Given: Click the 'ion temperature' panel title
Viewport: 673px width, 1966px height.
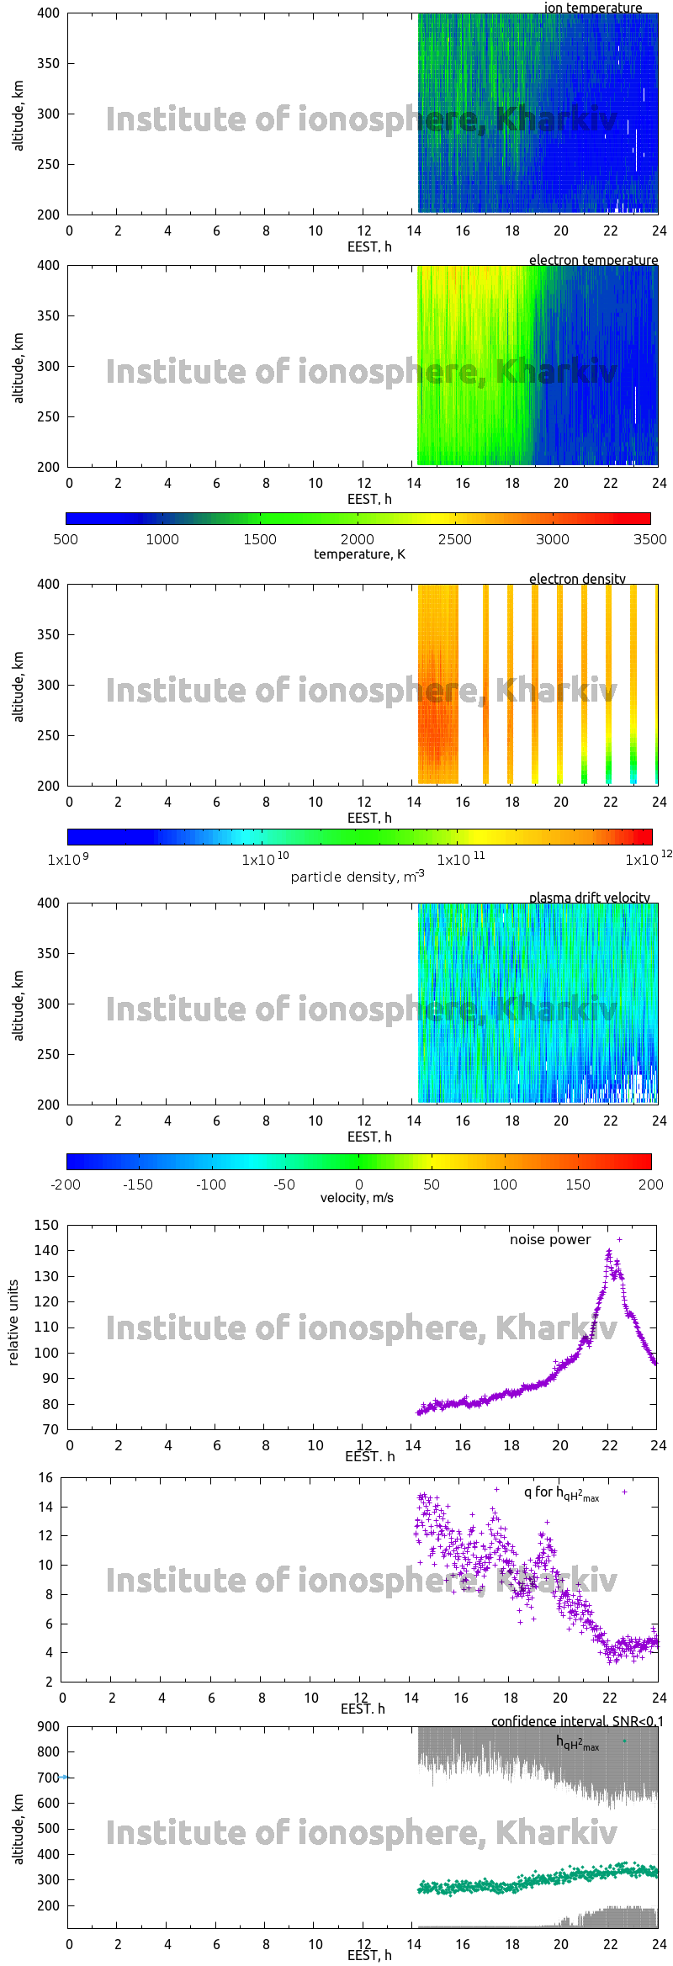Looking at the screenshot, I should point(592,8).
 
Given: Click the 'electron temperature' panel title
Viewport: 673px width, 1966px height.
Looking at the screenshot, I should point(593,260).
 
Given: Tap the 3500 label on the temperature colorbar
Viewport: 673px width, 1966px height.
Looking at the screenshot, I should point(649,539).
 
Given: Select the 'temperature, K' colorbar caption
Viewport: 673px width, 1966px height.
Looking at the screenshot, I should point(359,554).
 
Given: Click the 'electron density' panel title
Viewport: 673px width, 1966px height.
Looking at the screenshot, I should point(577,579).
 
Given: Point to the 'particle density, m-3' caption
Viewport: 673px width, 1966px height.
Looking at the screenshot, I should point(358,877).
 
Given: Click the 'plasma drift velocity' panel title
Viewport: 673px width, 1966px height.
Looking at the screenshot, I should point(589,898).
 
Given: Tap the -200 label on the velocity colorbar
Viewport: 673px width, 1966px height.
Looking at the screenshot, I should point(66,1184).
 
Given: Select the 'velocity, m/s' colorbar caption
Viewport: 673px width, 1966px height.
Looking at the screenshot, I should point(357,1198).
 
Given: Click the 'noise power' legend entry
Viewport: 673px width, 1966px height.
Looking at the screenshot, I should point(550,1240).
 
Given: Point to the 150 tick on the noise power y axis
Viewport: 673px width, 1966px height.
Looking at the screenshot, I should point(46,1225).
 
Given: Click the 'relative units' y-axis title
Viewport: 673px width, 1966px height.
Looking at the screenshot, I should point(13,1322).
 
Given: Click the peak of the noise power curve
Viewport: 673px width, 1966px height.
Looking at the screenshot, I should point(609,1253).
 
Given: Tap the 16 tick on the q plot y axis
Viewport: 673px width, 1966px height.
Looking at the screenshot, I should point(45,1477).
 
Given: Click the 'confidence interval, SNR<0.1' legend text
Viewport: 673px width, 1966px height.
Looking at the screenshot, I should point(577,1721).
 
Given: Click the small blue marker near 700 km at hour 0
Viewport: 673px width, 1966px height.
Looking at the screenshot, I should point(64,1778).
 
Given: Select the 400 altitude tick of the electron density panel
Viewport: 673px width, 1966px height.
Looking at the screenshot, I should point(48,584).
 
